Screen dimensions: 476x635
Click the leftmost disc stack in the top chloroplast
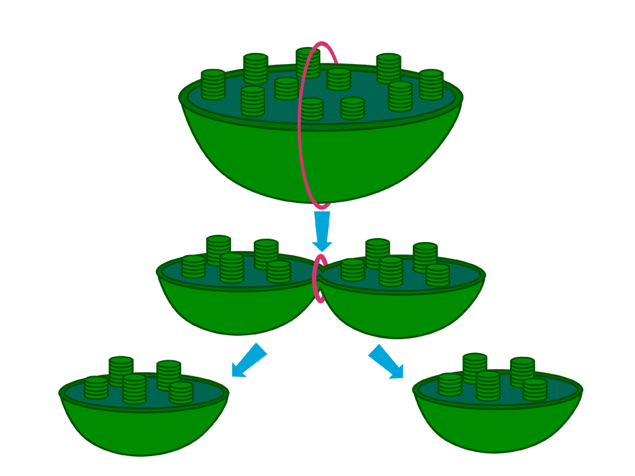(213, 84)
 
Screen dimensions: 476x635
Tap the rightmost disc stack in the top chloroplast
(431, 84)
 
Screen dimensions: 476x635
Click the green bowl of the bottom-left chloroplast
(144, 430)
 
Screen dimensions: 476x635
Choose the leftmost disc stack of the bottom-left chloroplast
(96, 387)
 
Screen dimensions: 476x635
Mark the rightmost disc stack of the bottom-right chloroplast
(535, 389)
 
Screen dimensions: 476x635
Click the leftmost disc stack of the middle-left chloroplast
(193, 266)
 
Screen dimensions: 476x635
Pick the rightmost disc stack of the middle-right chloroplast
(437, 274)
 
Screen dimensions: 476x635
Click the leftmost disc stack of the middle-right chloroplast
(353, 269)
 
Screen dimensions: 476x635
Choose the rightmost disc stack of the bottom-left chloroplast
(181, 392)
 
